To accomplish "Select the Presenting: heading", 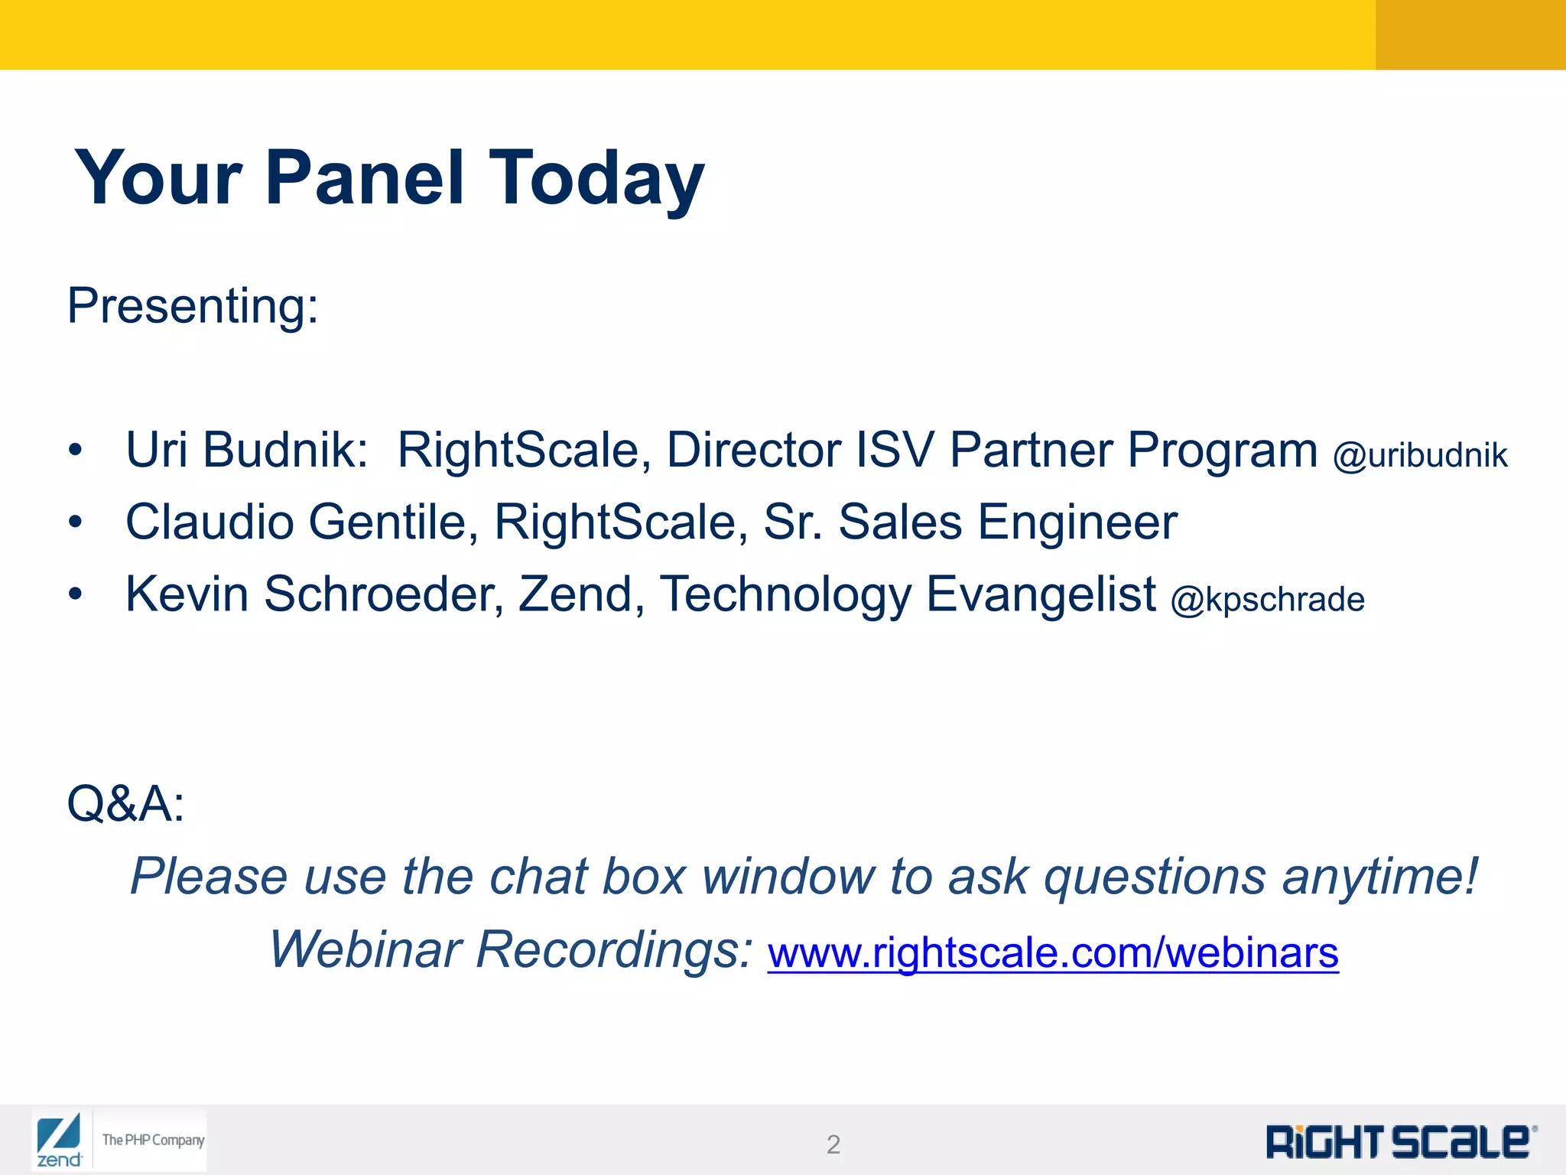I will click(193, 306).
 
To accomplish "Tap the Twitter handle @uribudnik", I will click(1420, 455).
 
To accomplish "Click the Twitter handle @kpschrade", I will click(1267, 599).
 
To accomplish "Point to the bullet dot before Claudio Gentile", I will click(74, 522).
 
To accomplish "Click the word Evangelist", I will click(1041, 594).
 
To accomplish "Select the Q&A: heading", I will click(125, 803).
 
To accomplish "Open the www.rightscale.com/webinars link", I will click(1053, 952).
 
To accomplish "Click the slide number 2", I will click(833, 1144).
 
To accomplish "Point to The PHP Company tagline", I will click(153, 1140).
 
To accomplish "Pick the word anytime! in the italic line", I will click(1380, 876).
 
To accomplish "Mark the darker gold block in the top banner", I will click(1470, 34).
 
